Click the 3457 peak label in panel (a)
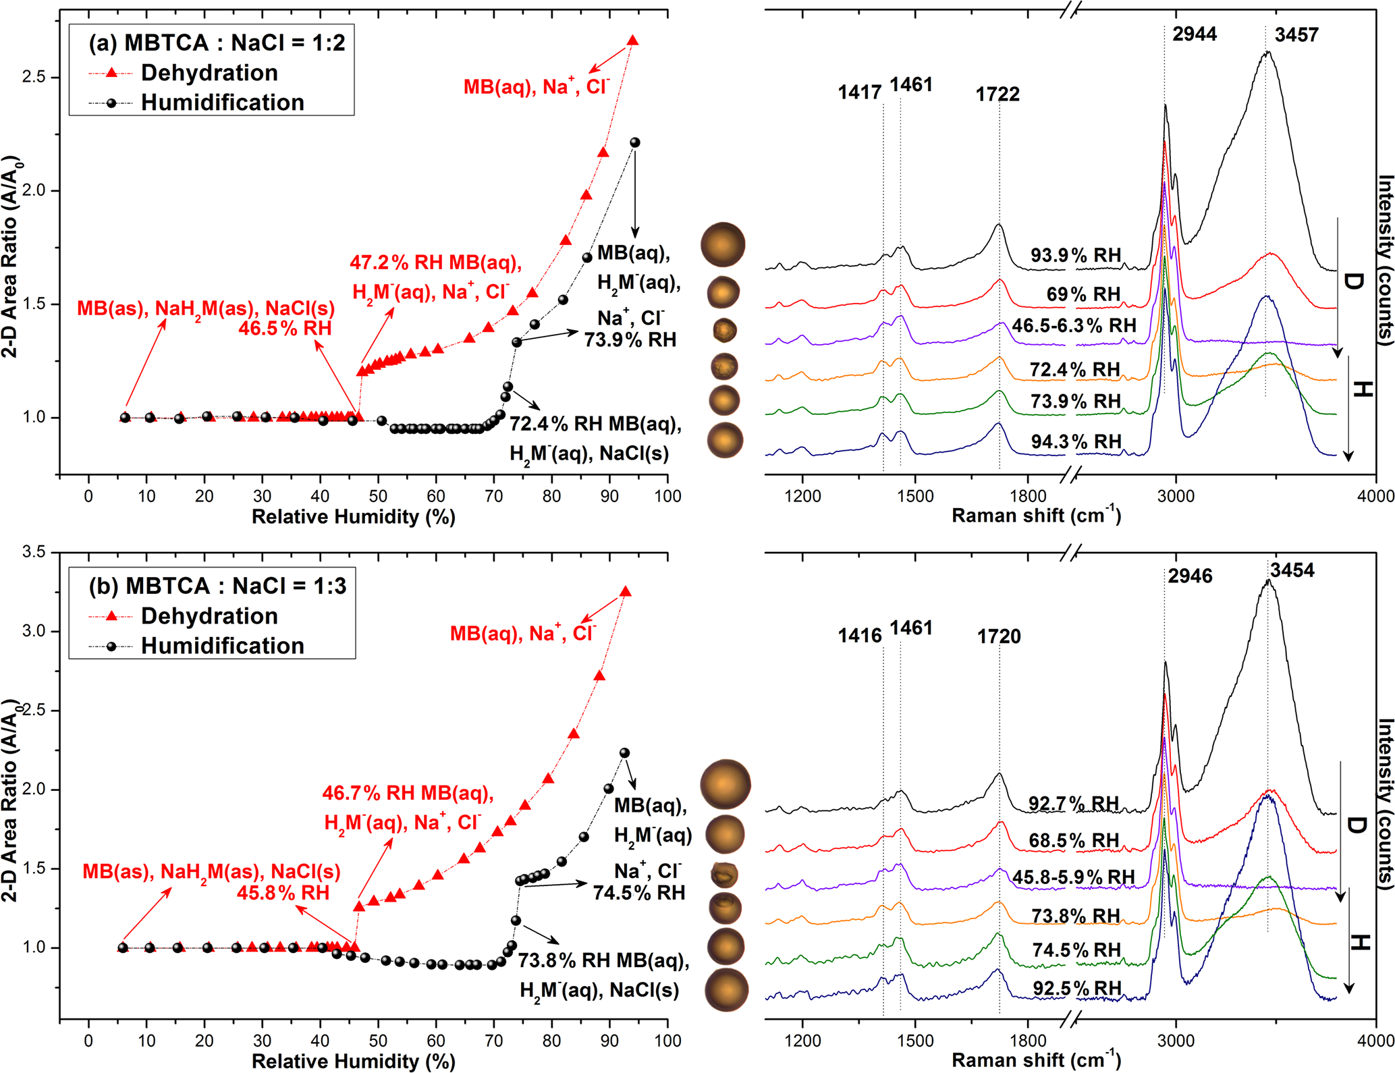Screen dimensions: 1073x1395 pos(1296,35)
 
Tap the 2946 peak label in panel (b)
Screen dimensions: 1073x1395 pos(1191,576)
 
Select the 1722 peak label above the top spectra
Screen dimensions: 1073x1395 pos(997,94)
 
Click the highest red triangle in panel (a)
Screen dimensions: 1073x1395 pos(632,41)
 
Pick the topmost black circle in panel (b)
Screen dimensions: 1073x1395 pos(624,752)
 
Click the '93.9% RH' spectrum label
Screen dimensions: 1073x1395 pos(1076,255)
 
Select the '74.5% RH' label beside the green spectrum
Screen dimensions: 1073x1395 pos(1076,950)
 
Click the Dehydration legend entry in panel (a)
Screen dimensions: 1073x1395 pos(209,73)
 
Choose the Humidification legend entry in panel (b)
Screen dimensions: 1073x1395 pos(222,646)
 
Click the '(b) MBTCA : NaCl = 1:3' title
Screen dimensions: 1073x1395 pos(217,586)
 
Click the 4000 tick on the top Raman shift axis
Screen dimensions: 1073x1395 pos(1375,496)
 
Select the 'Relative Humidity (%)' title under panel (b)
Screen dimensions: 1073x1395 pos(354,1061)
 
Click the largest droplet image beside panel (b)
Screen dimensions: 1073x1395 pos(726,784)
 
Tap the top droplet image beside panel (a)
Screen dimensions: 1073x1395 pos(723,244)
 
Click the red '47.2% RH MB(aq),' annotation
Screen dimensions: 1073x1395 pos(435,263)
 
